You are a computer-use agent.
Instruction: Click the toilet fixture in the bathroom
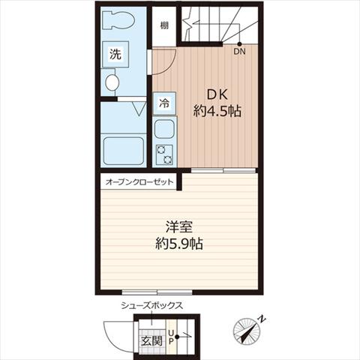pos(118,20)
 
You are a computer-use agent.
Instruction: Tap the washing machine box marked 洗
pos(115,54)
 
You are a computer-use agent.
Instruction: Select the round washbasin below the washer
pos(112,82)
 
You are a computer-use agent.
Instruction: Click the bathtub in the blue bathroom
pos(124,151)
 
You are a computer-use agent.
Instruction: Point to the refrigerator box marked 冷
pos(164,103)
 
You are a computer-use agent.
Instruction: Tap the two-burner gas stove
pos(164,154)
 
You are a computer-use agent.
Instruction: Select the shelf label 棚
pos(164,25)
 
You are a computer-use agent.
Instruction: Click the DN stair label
pos(239,52)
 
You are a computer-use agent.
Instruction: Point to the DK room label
pos(217,95)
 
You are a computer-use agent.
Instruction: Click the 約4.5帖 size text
pos(217,111)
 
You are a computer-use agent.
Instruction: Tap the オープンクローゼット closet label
pos(139,181)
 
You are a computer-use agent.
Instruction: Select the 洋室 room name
pos(179,227)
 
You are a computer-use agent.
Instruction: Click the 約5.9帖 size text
pos(179,244)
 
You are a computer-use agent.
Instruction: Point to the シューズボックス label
pos(151,305)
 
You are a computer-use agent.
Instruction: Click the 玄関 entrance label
pos(151,341)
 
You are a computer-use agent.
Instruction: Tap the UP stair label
pos(171,337)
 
